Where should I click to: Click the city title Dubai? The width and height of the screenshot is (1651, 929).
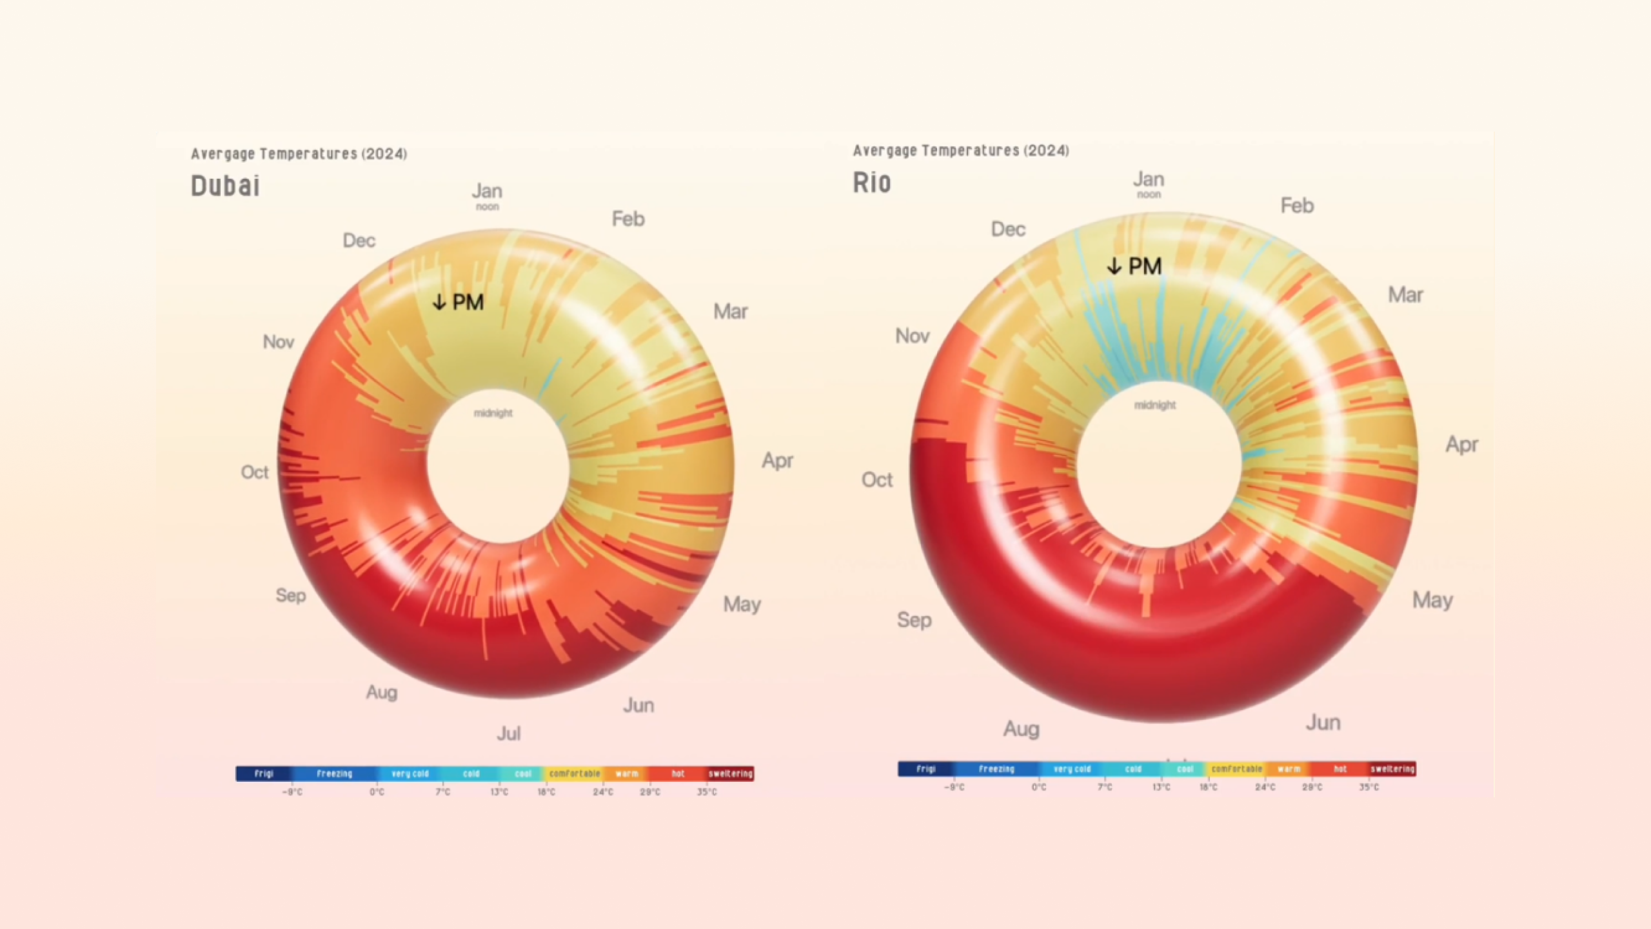point(225,186)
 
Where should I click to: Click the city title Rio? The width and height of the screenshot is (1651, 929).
point(872,183)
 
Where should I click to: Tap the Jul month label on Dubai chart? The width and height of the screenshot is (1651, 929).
point(509,734)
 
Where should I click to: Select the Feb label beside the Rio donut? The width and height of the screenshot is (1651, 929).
point(1297,206)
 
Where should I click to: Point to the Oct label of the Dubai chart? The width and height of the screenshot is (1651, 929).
point(255,472)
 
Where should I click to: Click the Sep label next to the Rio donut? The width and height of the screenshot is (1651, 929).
point(914,620)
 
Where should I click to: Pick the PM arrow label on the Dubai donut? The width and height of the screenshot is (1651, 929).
point(458,302)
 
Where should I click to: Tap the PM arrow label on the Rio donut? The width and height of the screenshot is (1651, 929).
point(1134,266)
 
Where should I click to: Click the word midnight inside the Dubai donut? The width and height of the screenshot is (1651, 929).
point(493,413)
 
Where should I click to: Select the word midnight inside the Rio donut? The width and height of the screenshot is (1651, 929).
point(1154,405)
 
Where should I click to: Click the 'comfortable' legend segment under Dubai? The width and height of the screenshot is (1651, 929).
point(575,774)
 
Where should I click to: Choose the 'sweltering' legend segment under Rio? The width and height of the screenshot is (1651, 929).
point(1392,769)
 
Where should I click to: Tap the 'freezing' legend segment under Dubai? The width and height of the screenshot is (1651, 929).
point(334,774)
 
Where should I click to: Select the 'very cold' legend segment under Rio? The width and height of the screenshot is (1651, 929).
point(1072,769)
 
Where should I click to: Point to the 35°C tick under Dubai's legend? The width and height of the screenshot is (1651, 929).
point(707,792)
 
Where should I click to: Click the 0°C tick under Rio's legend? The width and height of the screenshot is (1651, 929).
point(1039,787)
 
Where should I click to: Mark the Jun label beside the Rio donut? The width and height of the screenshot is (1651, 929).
point(1323,723)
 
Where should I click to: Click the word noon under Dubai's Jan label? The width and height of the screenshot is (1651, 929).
point(488,207)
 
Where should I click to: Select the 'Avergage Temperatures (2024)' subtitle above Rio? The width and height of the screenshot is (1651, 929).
point(961,151)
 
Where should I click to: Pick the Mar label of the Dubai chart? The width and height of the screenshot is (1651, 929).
point(731,312)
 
